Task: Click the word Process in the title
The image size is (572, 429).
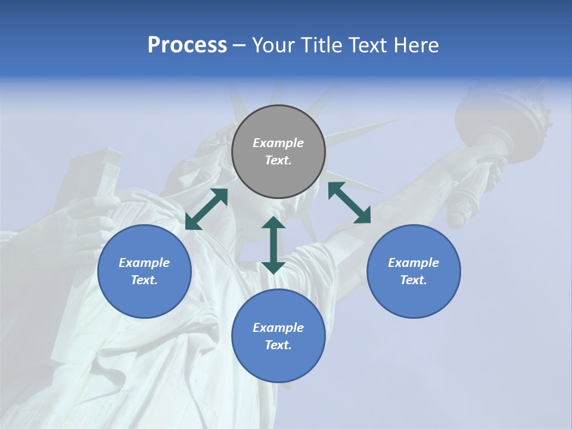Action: pos(187,45)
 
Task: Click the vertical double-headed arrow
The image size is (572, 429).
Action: pos(273,245)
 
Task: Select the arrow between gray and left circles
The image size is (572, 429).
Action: pos(206,209)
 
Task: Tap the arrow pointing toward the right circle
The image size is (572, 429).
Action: pos(350,203)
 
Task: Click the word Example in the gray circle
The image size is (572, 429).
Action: pos(278,143)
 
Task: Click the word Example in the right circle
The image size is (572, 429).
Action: pos(414,263)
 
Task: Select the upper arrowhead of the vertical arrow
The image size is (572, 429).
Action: pos(273,224)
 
